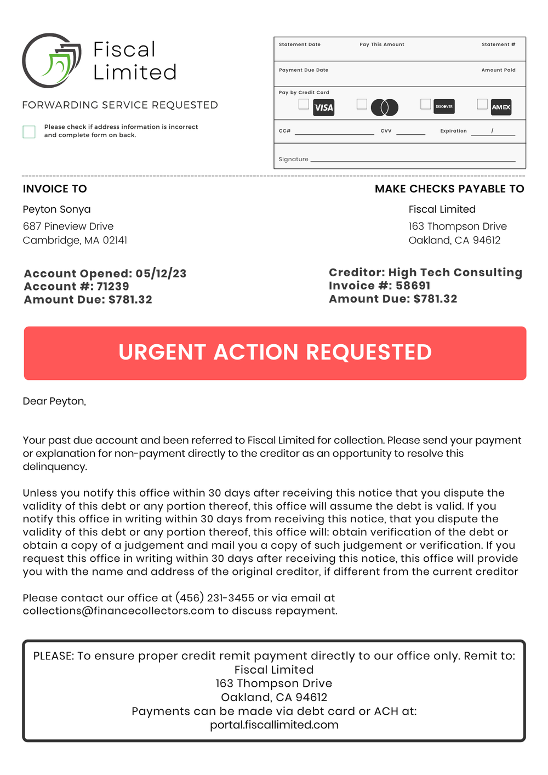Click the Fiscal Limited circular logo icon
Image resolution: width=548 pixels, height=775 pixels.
pos(51,61)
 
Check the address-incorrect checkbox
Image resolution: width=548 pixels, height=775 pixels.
pos(29,132)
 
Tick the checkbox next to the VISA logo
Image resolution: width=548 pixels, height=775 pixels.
pos(304,104)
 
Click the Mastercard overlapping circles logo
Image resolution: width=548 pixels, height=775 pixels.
pos(385,107)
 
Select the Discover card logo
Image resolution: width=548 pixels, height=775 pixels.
pos(444,106)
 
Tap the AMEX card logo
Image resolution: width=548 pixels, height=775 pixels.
pos(501,107)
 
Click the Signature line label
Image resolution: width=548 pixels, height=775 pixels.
pos(293,159)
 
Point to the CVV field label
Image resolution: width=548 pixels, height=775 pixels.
pos(386,131)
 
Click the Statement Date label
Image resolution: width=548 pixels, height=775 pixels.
pos(299,44)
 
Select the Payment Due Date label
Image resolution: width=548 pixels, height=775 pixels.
pos(303,70)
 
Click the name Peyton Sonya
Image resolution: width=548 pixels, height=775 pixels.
pos(56,209)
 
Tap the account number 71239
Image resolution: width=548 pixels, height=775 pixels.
pos(113,287)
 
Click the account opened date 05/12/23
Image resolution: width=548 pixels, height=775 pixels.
pos(161,273)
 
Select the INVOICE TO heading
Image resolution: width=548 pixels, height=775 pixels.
pos(55,189)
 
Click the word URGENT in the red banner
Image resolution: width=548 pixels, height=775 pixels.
pos(162,352)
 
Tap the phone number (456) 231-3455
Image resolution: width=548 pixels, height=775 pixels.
pos(215,598)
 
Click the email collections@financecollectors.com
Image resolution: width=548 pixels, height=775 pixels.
pos(118,611)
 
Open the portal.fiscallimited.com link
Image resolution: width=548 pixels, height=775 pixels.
pos(274,725)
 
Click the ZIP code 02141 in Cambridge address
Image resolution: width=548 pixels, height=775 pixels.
pos(115,241)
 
